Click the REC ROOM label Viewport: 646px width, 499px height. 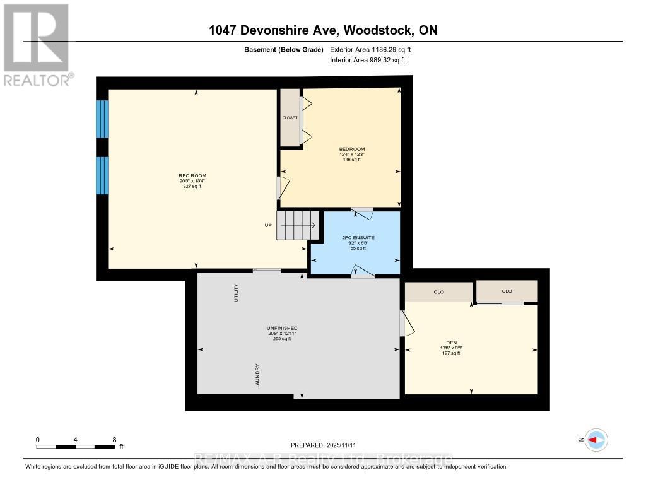coord(193,175)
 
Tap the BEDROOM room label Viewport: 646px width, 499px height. coord(352,149)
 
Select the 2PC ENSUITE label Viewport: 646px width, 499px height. coord(358,237)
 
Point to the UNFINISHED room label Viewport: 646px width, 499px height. coord(281,329)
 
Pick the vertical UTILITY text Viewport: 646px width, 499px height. coord(237,293)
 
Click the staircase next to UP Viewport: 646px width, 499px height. coord(298,225)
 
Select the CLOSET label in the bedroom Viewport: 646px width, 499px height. coord(290,117)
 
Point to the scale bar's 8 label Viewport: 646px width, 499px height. coord(114,440)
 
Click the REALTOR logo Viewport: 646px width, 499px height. coord(37,45)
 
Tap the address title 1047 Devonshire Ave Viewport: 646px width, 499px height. coord(323,30)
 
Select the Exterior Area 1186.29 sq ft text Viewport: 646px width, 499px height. coord(375,49)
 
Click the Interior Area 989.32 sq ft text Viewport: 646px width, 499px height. coord(368,61)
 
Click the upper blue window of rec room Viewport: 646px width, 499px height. coord(102,119)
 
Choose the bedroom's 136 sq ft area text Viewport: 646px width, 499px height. coord(352,160)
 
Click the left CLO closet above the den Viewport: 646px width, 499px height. coord(439,291)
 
